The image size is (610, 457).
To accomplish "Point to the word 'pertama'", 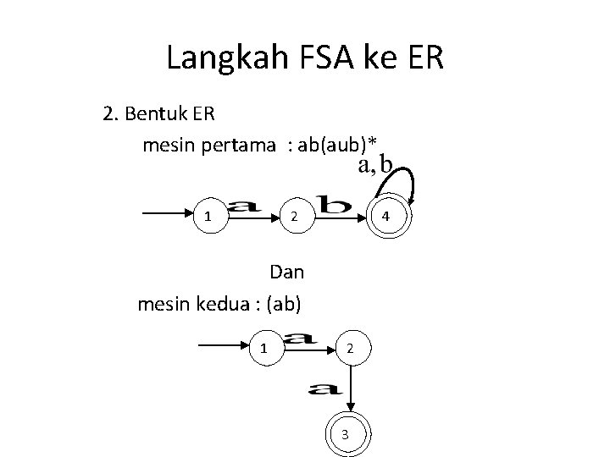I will pyautogui.click(x=236, y=146).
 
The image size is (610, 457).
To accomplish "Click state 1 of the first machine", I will pyautogui.click(x=208, y=216).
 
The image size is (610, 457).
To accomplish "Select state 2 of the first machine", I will pyautogui.click(x=292, y=216).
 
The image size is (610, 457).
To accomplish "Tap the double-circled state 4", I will pyautogui.click(x=386, y=216).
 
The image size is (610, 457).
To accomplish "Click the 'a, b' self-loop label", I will pyautogui.click(x=374, y=165).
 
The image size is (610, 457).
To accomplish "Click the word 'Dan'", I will pyautogui.click(x=286, y=273).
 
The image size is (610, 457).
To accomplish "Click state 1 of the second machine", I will pyautogui.click(x=264, y=348).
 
